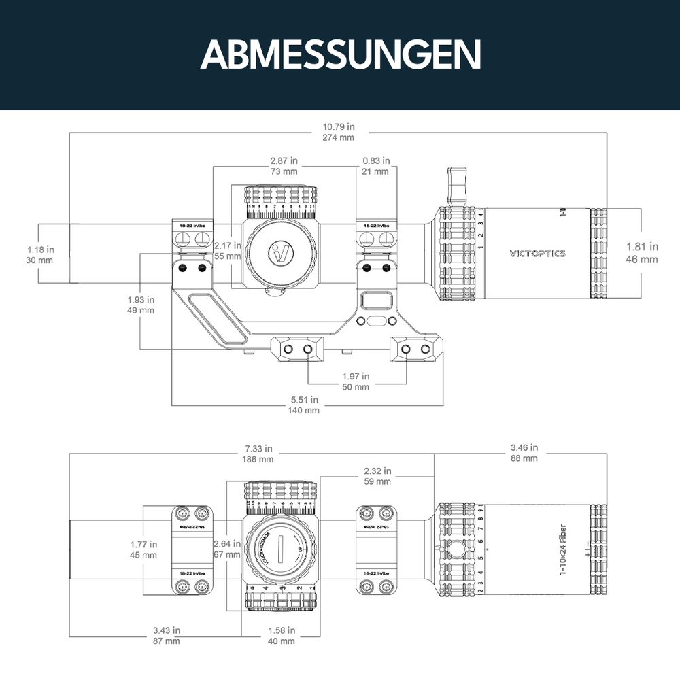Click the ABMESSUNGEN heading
pos(340,54)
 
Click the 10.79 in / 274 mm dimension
pos(338,132)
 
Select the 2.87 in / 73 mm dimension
pos(284,166)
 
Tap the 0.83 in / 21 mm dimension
pos(376,166)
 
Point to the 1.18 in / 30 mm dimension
pos(40,254)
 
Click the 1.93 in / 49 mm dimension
pos(140,305)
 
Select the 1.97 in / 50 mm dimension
pos(356,381)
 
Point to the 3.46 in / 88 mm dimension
pos(524,453)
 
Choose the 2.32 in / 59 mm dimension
pos(377,476)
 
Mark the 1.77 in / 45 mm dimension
pos(143,549)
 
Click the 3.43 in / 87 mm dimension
pos(167,635)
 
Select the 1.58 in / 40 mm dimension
pos(282,635)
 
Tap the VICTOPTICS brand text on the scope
pos(537,254)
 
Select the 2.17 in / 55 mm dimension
pos(226,250)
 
